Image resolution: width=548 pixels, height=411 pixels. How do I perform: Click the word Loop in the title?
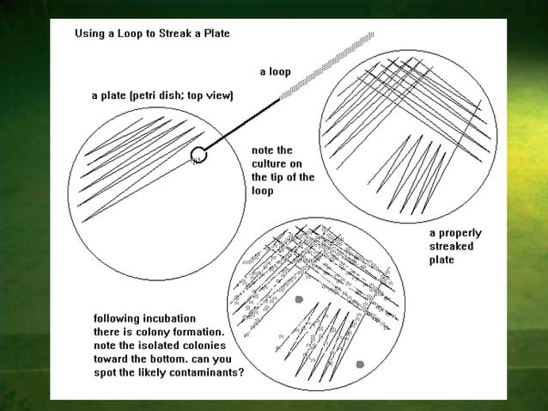pos(130,34)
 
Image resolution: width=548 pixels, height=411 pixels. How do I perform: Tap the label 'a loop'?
pos(276,72)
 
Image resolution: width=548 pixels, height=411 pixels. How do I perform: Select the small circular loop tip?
pos(198,154)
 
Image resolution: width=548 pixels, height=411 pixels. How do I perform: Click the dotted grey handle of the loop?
pos(326,65)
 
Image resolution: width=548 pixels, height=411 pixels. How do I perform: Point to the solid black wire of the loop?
pos(242,125)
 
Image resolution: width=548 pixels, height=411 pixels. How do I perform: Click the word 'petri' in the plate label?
pos(144,95)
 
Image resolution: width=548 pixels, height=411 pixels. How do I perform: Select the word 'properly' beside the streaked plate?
pos(460,234)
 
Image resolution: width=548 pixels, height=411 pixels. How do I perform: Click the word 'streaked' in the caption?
pos(452,246)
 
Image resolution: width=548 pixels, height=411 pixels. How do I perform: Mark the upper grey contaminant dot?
pos(299,299)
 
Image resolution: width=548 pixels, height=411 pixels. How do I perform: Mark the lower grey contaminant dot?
pos(360,365)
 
